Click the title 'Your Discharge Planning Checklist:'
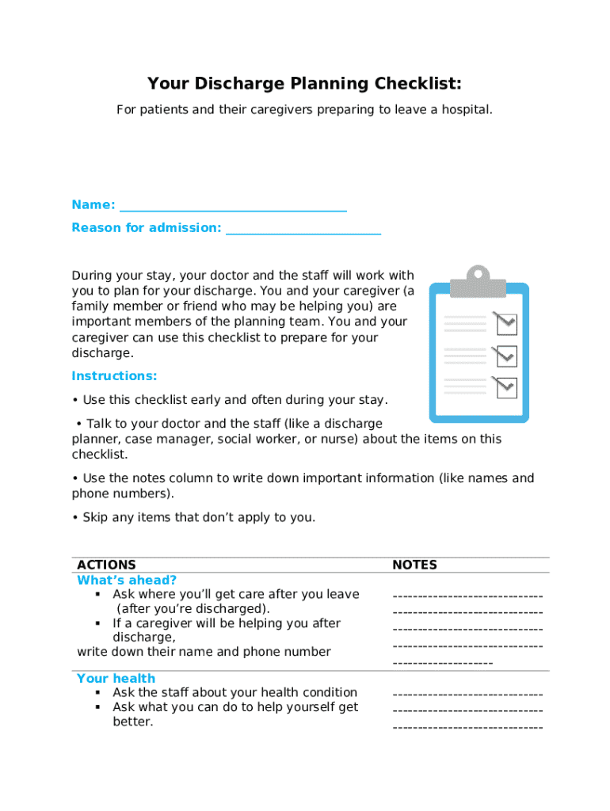tap(304, 84)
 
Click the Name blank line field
tap(233, 206)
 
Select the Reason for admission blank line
tap(303, 229)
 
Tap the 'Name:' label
tap(93, 205)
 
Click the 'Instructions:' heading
tap(114, 376)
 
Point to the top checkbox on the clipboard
tap(505, 322)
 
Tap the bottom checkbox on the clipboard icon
tap(505, 386)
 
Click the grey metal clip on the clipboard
tap(478, 280)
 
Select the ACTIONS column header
tap(106, 565)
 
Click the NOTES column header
tap(414, 565)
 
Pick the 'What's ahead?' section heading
tap(127, 581)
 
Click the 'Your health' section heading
tap(116, 679)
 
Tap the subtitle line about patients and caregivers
tap(304, 109)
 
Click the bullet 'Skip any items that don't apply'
tap(193, 518)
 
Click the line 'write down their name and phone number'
tap(204, 652)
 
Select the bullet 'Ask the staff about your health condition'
tap(234, 693)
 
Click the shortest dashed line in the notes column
tap(442, 663)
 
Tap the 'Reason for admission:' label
tap(147, 228)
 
